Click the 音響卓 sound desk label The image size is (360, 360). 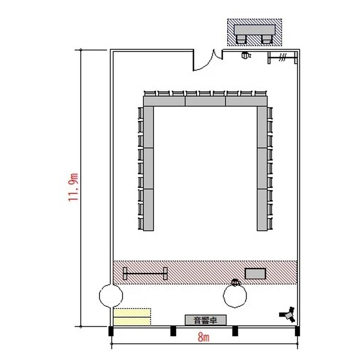(205, 320)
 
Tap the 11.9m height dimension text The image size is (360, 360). (73, 187)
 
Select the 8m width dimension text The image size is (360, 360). (204, 338)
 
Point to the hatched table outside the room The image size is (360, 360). (254, 32)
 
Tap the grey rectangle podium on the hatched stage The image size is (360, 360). (255, 274)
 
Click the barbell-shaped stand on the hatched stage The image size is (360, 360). (145, 274)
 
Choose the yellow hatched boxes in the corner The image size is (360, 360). (132, 317)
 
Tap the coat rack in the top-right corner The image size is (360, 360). (283, 58)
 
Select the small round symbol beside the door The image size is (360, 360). (246, 55)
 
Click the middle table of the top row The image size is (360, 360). (205, 101)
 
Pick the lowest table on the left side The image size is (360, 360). (148, 210)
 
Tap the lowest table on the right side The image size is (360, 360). (262, 210)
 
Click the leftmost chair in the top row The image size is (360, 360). (150, 94)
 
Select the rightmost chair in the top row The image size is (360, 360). (261, 94)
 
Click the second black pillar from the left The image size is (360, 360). (173, 331)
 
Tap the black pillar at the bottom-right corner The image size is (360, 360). (297, 331)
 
